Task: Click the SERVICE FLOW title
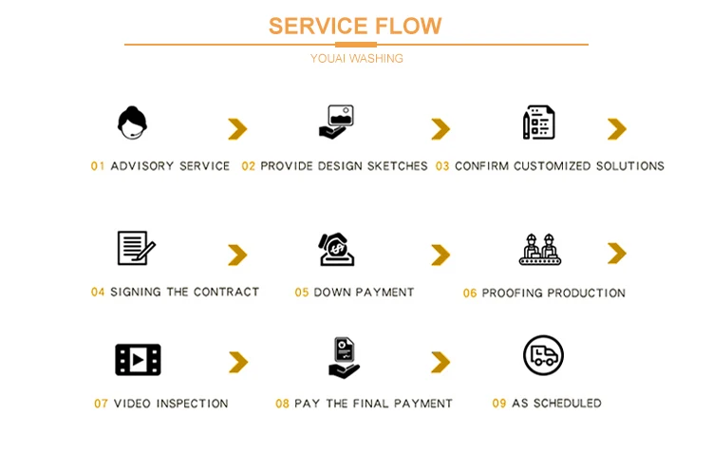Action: tap(355, 26)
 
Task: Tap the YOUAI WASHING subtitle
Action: tap(356, 59)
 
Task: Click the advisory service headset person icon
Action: tap(132, 123)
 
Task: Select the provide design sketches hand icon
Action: tap(335, 123)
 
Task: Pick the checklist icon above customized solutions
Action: tap(538, 123)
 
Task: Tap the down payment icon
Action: tap(336, 249)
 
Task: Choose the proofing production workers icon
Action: tap(539, 249)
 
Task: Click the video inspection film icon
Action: tap(138, 360)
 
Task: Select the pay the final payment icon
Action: tap(343, 358)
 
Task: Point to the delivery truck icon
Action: tap(543, 355)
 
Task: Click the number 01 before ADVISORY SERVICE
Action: tap(98, 166)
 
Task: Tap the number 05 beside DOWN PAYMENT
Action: tap(302, 293)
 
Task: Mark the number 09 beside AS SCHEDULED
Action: tap(499, 404)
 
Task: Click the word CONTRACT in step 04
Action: tap(226, 293)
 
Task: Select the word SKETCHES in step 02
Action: tap(397, 166)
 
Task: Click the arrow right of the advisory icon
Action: tap(237, 129)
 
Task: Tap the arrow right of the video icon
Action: tap(237, 362)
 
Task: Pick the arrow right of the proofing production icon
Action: tap(617, 254)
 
